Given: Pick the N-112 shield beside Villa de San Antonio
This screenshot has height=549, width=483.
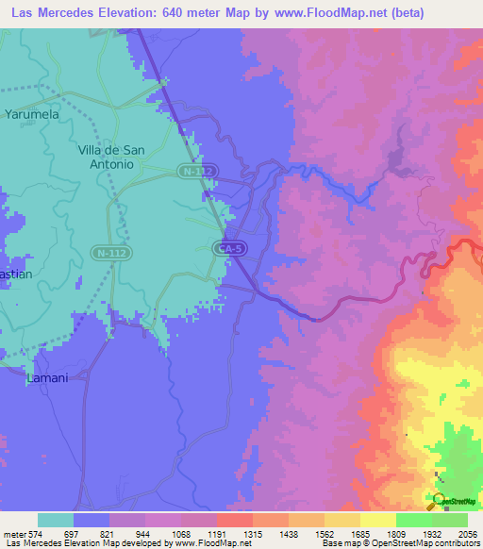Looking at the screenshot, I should [x=197, y=171].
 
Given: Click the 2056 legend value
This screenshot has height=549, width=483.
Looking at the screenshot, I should [x=468, y=533].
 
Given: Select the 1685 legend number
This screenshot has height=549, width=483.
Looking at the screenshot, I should [x=359, y=533].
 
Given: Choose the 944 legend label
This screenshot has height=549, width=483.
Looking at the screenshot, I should [x=144, y=533].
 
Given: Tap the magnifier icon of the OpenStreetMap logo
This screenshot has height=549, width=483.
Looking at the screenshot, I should [x=439, y=499].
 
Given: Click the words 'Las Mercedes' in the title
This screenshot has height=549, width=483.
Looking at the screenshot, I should [x=47, y=13].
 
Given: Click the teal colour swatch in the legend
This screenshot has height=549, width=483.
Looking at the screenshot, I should [x=56, y=520].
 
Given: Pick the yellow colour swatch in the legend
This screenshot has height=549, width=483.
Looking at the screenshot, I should [x=377, y=520].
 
